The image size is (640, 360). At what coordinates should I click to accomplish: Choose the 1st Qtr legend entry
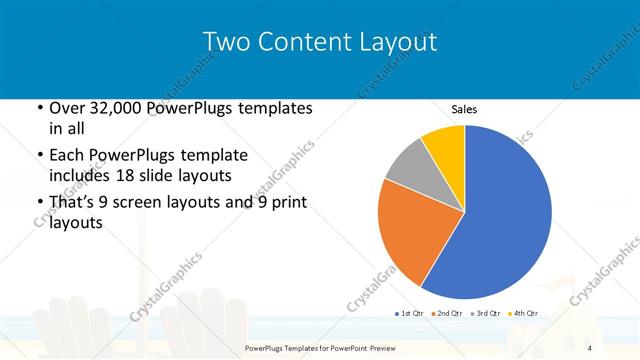tap(409, 313)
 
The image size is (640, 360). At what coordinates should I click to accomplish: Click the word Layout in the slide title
tap(398, 42)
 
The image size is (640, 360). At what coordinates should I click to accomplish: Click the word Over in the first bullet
tap(65, 108)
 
